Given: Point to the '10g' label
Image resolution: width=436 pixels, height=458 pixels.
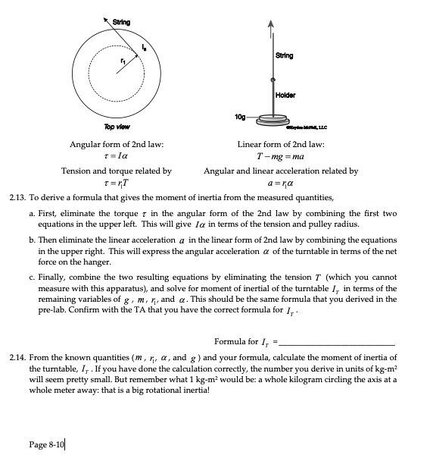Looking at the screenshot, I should [241, 116].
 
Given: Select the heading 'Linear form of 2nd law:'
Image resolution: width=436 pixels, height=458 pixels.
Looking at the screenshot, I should [280, 144].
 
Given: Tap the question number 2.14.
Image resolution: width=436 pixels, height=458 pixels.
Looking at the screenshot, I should [17, 356].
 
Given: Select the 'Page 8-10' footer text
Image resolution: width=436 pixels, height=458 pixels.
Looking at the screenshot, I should [48, 444].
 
